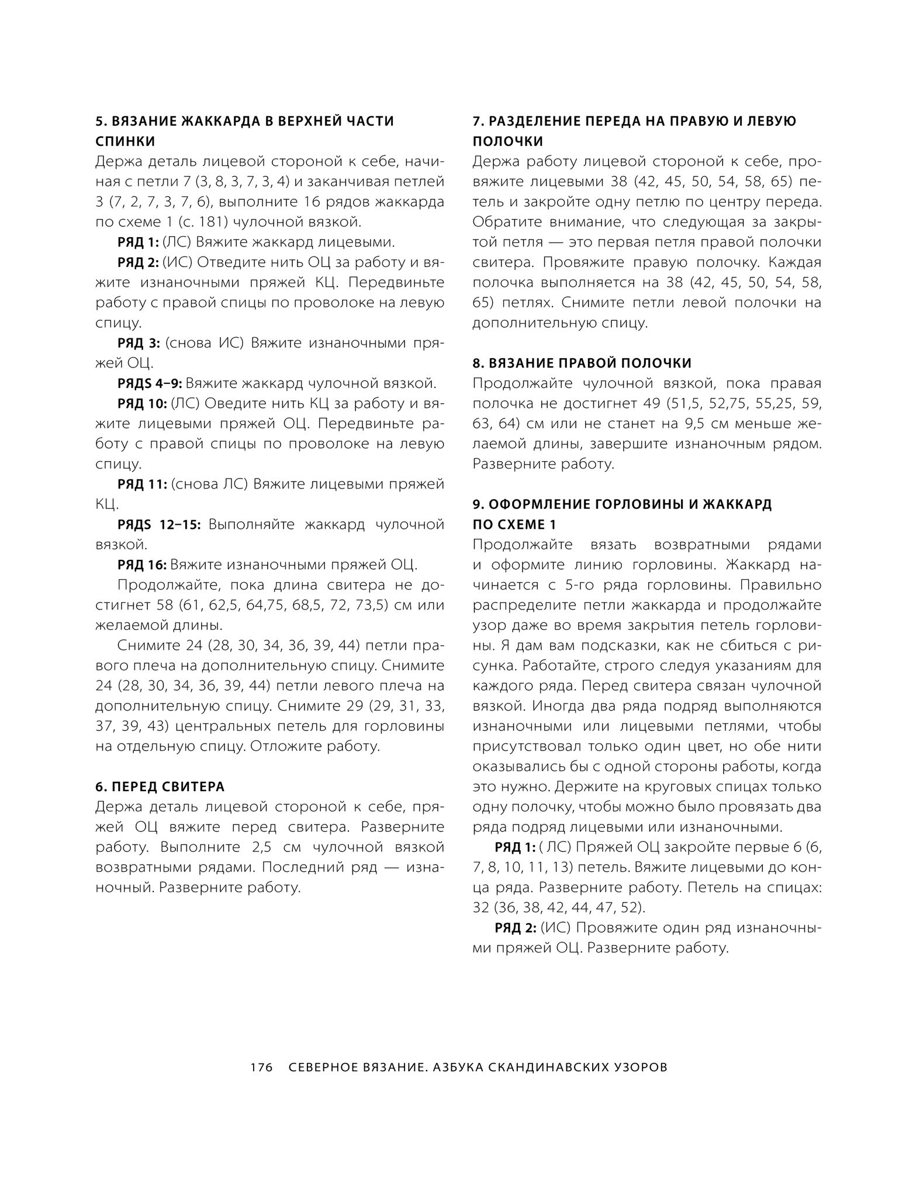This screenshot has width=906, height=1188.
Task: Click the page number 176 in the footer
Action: click(262, 1067)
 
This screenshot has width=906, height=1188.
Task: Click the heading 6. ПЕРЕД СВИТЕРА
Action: click(160, 787)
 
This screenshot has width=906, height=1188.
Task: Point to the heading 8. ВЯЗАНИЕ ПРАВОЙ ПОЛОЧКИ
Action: click(582, 363)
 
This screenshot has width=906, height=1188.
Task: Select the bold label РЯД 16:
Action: click(142, 564)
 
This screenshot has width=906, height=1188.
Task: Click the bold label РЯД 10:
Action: click(143, 403)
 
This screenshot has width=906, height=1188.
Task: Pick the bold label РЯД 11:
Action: click(142, 484)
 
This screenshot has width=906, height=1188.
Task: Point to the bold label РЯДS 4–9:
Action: click(150, 383)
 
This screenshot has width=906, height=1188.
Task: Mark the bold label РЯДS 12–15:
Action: click(159, 524)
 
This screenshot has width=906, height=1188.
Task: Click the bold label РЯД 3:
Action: click(139, 343)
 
